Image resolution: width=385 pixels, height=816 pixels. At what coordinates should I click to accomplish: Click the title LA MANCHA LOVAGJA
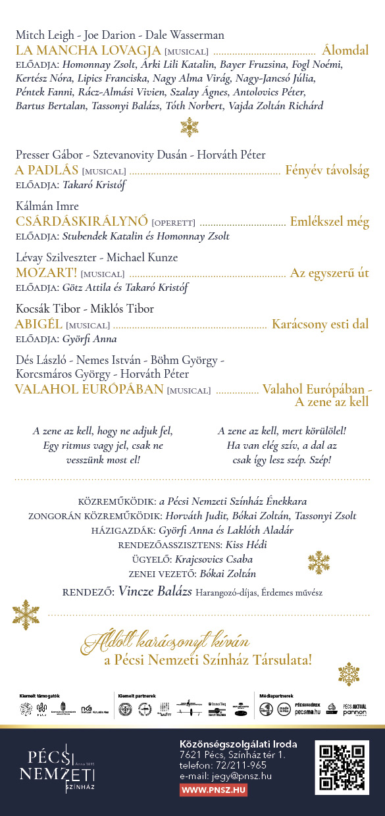click(x=88, y=50)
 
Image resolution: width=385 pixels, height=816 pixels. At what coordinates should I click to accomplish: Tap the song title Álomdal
click(x=346, y=50)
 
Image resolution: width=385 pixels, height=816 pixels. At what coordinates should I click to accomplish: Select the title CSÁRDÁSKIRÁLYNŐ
click(x=82, y=222)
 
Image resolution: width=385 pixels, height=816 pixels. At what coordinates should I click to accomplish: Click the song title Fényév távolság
click(x=327, y=170)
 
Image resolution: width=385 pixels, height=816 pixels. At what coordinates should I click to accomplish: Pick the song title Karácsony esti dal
click(x=321, y=324)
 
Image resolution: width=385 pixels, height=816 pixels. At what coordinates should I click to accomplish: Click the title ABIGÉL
click(x=38, y=324)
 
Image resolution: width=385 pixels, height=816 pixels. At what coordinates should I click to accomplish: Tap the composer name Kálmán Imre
click(x=47, y=206)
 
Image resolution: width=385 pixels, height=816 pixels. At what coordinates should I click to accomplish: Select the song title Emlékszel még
click(x=330, y=222)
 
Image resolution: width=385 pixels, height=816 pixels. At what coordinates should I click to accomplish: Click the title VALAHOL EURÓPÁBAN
click(x=89, y=389)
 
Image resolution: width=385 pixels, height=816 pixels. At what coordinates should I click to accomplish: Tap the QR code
click(x=342, y=767)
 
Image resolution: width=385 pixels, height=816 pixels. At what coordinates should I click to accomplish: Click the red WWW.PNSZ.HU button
click(x=213, y=790)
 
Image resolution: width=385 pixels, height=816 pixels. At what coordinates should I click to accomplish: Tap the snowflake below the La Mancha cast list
click(x=190, y=126)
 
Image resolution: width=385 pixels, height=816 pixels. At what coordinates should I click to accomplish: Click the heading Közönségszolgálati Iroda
click(x=238, y=744)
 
